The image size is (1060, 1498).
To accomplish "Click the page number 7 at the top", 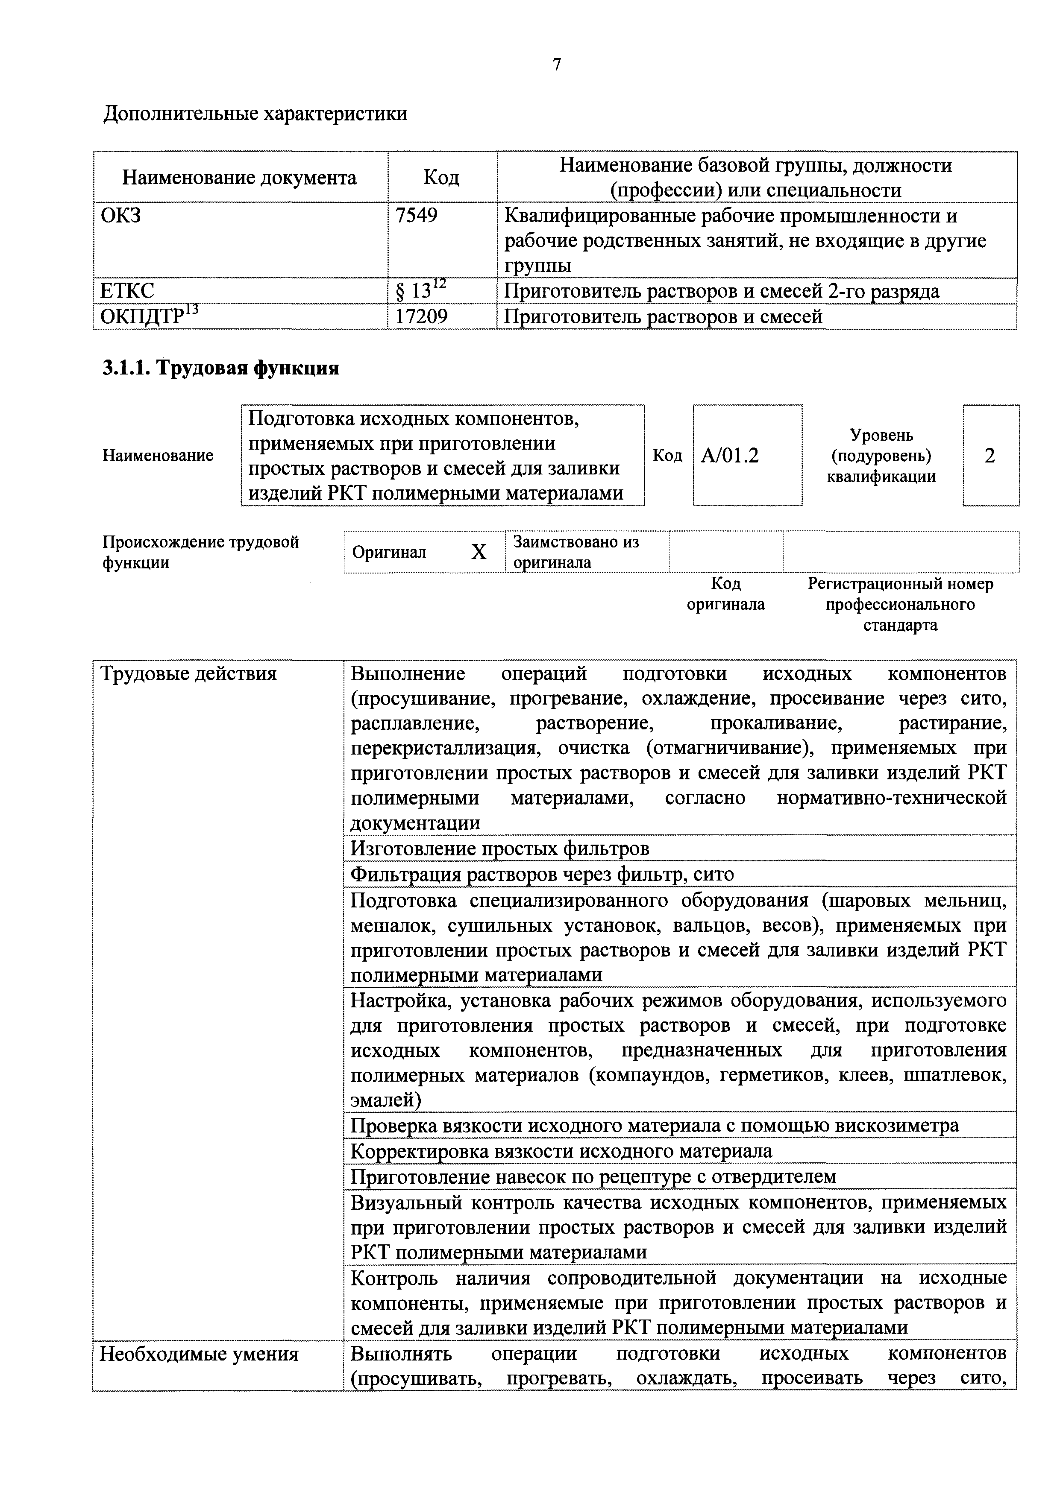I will pyautogui.click(x=556, y=64).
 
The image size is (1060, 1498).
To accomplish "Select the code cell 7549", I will pyautogui.click(x=417, y=215).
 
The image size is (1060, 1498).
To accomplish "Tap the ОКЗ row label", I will pyautogui.click(x=121, y=215).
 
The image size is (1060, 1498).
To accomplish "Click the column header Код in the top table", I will pyautogui.click(x=441, y=178).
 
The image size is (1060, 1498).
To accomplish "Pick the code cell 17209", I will pyautogui.click(x=422, y=316).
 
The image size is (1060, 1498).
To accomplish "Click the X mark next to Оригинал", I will pyautogui.click(x=479, y=552).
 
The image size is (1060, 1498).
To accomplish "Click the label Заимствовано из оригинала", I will pyautogui.click(x=576, y=552).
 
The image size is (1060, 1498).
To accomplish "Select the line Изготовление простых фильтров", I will pyautogui.click(x=499, y=848).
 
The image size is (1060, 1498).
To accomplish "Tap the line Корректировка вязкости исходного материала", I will pyautogui.click(x=561, y=1151).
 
